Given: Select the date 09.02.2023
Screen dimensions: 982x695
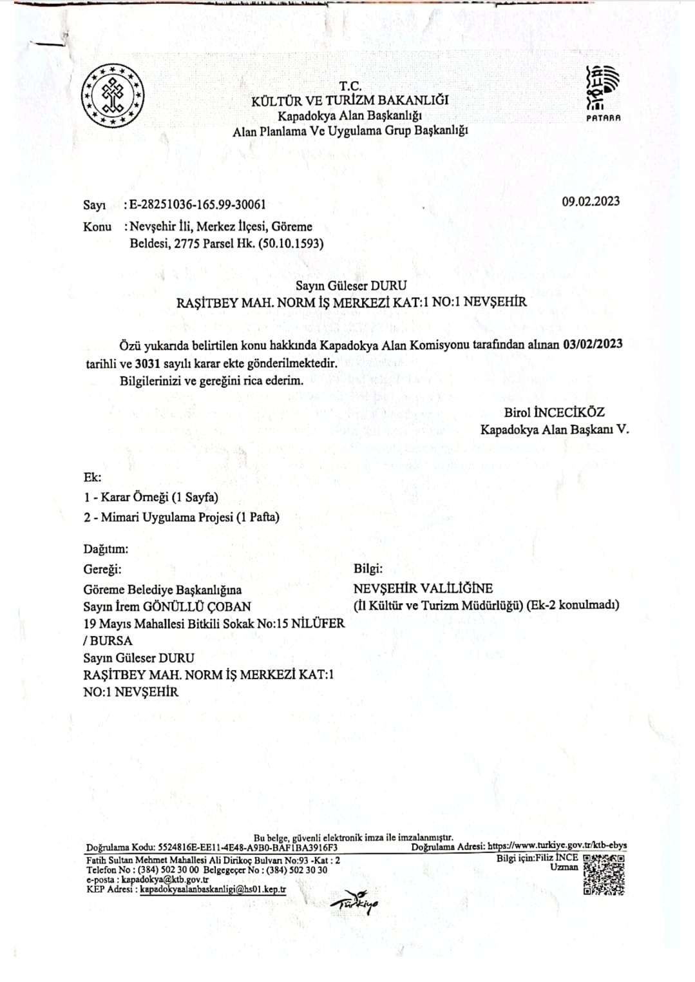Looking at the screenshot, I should (590, 201).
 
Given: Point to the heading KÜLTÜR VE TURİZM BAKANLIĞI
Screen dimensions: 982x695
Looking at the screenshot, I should (350, 101).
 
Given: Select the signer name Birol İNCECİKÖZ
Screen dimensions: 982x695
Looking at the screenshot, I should (554, 412).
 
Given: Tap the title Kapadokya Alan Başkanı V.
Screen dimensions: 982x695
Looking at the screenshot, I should (555, 429).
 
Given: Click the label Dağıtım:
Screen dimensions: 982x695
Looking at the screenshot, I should (106, 549).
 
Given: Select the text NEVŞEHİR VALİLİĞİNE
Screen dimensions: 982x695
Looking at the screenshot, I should (423, 588).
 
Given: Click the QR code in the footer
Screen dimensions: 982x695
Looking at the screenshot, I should (604, 874).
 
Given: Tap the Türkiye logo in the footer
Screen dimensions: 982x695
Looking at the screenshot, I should (355, 903).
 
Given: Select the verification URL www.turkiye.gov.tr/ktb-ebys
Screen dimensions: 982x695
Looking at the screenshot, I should (557, 846).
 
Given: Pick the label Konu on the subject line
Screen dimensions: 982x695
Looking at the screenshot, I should (97, 227).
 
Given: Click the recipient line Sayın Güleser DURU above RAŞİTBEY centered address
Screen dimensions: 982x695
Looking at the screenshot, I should (351, 285).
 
